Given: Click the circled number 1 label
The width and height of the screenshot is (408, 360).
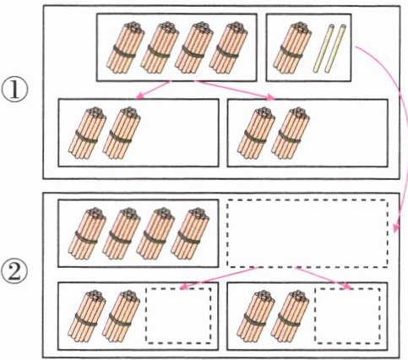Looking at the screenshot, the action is tap(15, 90).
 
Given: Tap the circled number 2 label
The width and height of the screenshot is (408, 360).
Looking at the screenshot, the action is tap(15, 271).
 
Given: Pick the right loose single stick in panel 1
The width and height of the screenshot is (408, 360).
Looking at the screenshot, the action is tap(335, 48).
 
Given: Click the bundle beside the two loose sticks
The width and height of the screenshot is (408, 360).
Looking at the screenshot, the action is tap(291, 48).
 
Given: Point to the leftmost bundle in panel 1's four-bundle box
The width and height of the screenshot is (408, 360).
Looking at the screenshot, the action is tap(125, 48).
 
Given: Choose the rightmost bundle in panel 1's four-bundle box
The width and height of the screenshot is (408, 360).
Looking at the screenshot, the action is tap(228, 48).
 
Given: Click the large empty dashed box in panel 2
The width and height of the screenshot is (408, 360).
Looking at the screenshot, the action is tap(307, 233).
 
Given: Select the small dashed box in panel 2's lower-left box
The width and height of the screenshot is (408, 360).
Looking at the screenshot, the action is tap(178, 315).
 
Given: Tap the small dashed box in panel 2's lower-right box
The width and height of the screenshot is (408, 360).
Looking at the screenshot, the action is tap(347, 315).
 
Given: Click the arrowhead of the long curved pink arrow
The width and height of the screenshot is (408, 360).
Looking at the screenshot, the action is tap(395, 227).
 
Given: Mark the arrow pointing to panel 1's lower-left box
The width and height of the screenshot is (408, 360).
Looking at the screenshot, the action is tap(153, 90).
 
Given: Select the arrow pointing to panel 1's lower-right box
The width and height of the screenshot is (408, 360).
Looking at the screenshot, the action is tap(235, 90).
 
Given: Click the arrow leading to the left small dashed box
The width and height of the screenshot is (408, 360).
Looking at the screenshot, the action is tap(218, 278).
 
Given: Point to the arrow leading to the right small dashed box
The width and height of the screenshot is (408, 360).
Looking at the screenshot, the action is tap(324, 278).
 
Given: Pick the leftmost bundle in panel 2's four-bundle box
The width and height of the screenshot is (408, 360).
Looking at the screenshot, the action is tap(87, 234).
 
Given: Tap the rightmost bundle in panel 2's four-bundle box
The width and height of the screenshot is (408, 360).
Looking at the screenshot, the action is tap(190, 234).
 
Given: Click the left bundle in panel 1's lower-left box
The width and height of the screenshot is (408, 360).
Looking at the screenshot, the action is tap(87, 133).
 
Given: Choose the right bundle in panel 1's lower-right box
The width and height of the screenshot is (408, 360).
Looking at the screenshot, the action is tap(291, 133).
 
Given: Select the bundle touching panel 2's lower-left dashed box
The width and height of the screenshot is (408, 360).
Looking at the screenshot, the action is tap(121, 316).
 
